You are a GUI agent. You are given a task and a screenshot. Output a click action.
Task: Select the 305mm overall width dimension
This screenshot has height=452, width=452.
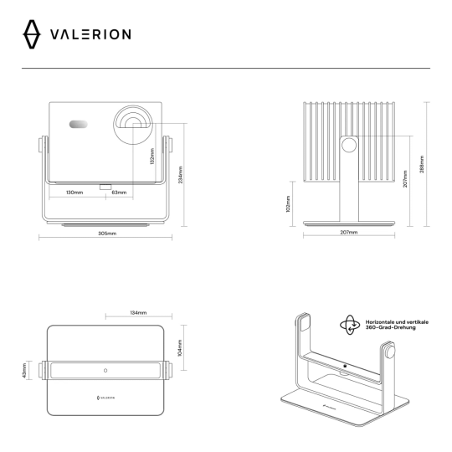[106, 233]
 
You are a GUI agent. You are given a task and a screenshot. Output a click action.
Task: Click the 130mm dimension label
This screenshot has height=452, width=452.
[74, 193]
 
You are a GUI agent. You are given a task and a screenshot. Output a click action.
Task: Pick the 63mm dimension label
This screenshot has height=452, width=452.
[120, 193]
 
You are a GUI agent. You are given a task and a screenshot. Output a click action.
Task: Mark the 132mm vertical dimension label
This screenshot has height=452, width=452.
[152, 157]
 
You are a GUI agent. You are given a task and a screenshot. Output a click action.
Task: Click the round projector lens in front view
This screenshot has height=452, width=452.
[132, 121]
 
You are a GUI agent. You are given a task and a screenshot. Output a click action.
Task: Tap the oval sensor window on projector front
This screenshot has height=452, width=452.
[78, 125]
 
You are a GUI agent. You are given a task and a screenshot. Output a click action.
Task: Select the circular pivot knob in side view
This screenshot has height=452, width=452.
[347, 145]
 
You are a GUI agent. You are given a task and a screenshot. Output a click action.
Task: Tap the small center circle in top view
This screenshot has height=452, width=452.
[105, 370]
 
